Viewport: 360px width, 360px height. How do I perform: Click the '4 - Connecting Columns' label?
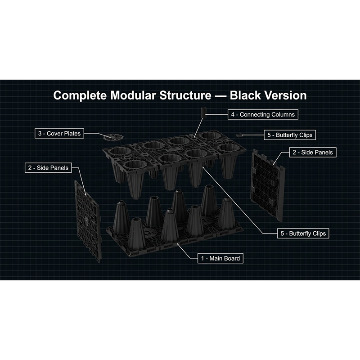pyautogui.click(x=263, y=114)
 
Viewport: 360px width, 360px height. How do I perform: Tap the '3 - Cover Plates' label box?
pyautogui.click(x=59, y=133)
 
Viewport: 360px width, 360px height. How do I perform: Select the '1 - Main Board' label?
pyautogui.click(x=220, y=258)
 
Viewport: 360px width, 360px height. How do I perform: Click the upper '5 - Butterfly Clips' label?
pyautogui.click(x=290, y=135)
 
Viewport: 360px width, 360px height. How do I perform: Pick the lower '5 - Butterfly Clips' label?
pyautogui.click(x=303, y=233)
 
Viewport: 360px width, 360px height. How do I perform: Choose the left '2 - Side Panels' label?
pyautogui.click(x=48, y=168)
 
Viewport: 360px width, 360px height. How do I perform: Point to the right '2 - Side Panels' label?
pyautogui.click(x=313, y=152)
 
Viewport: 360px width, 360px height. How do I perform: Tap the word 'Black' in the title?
pyautogui.click(x=245, y=95)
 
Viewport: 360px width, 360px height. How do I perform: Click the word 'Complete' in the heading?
pyautogui.click(x=80, y=95)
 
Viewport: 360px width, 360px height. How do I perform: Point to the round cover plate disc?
pyautogui.click(x=113, y=137)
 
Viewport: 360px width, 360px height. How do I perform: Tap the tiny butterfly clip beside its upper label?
pyautogui.click(x=239, y=135)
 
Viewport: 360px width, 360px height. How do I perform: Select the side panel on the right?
pyautogui.click(x=268, y=185)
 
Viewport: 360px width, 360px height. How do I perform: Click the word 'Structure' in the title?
pyautogui.click(x=185, y=95)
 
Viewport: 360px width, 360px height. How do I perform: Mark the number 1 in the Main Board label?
pyautogui.click(x=202, y=258)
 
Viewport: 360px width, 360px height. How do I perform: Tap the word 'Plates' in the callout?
pyautogui.click(x=72, y=133)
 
